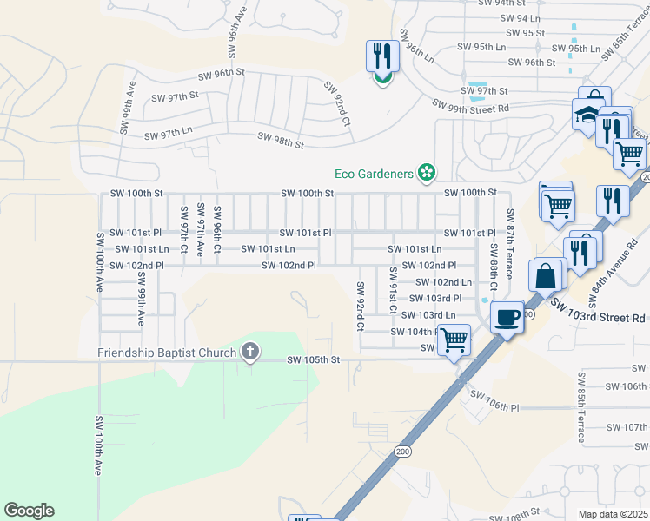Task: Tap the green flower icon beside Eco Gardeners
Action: coord(426,174)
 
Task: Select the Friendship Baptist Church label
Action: coord(168,353)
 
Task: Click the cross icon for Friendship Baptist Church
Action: coord(250,352)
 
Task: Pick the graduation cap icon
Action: coord(587,115)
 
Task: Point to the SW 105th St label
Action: coord(312,359)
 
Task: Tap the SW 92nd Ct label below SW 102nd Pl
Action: coord(359,306)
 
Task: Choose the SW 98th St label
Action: coord(281,139)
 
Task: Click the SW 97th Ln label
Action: coord(168,135)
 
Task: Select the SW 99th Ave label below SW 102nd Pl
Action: coord(141,299)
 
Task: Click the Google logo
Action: coord(29,511)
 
